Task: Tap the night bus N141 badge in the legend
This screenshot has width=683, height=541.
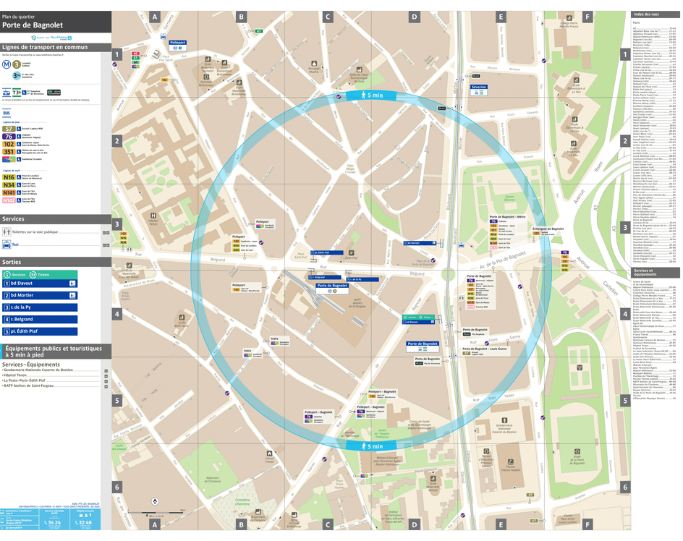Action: pos(9,192)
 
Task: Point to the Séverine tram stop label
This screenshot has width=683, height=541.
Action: pos(479,87)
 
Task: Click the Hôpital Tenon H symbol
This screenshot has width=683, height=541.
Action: pos(153,216)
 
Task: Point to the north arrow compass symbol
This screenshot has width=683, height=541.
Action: pos(154,501)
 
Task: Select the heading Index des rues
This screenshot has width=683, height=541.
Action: pos(647,14)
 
